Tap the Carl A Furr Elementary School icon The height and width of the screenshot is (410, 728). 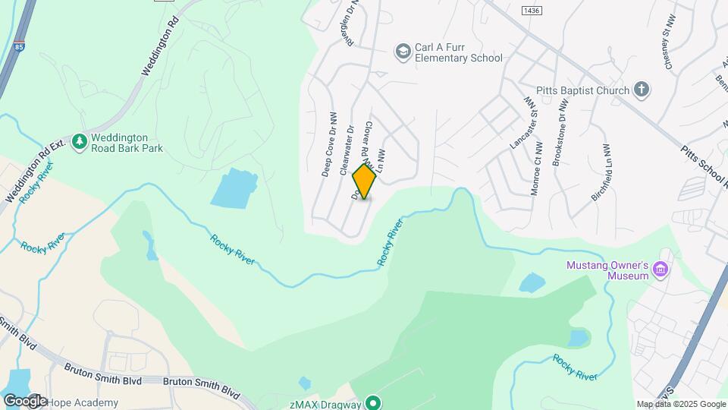click(x=403, y=51)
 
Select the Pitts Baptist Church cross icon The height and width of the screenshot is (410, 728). click(x=642, y=90)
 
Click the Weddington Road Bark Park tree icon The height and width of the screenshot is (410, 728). click(x=80, y=142)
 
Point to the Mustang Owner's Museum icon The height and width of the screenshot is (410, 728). click(x=661, y=270)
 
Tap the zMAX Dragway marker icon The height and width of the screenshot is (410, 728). click(x=372, y=402)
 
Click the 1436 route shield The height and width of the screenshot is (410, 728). click(x=530, y=9)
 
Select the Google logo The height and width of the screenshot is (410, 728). click(x=25, y=400)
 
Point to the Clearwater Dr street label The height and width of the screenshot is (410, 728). click(x=346, y=150)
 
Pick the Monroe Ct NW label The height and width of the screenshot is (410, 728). click(x=535, y=171)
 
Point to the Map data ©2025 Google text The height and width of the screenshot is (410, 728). click(x=680, y=404)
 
